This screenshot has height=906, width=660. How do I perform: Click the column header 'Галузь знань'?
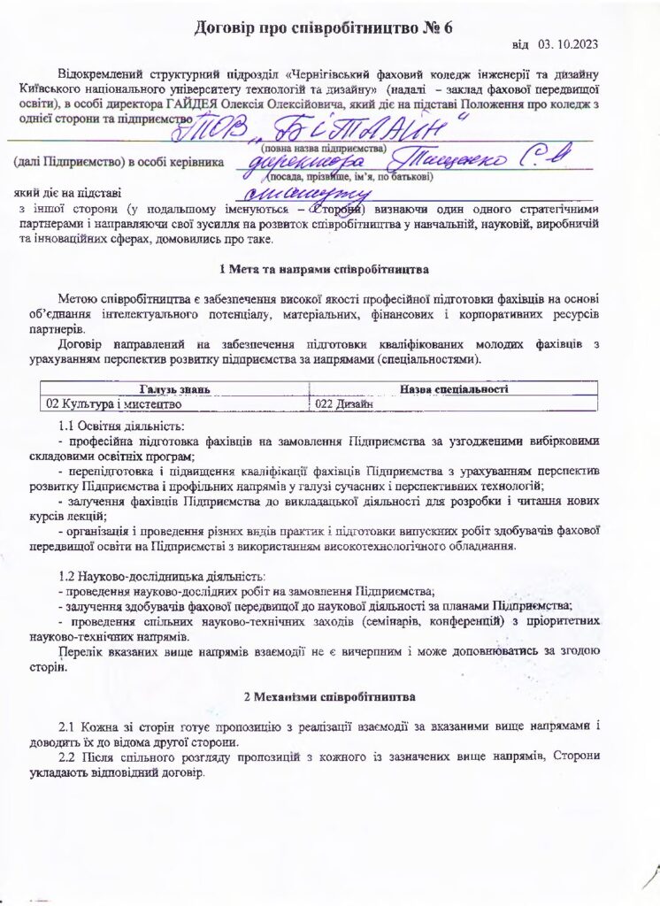(174, 388)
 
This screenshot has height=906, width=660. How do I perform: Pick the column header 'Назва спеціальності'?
(453, 388)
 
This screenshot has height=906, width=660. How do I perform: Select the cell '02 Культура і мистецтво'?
(113, 403)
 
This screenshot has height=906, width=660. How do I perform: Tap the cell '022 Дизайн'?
(345, 403)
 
